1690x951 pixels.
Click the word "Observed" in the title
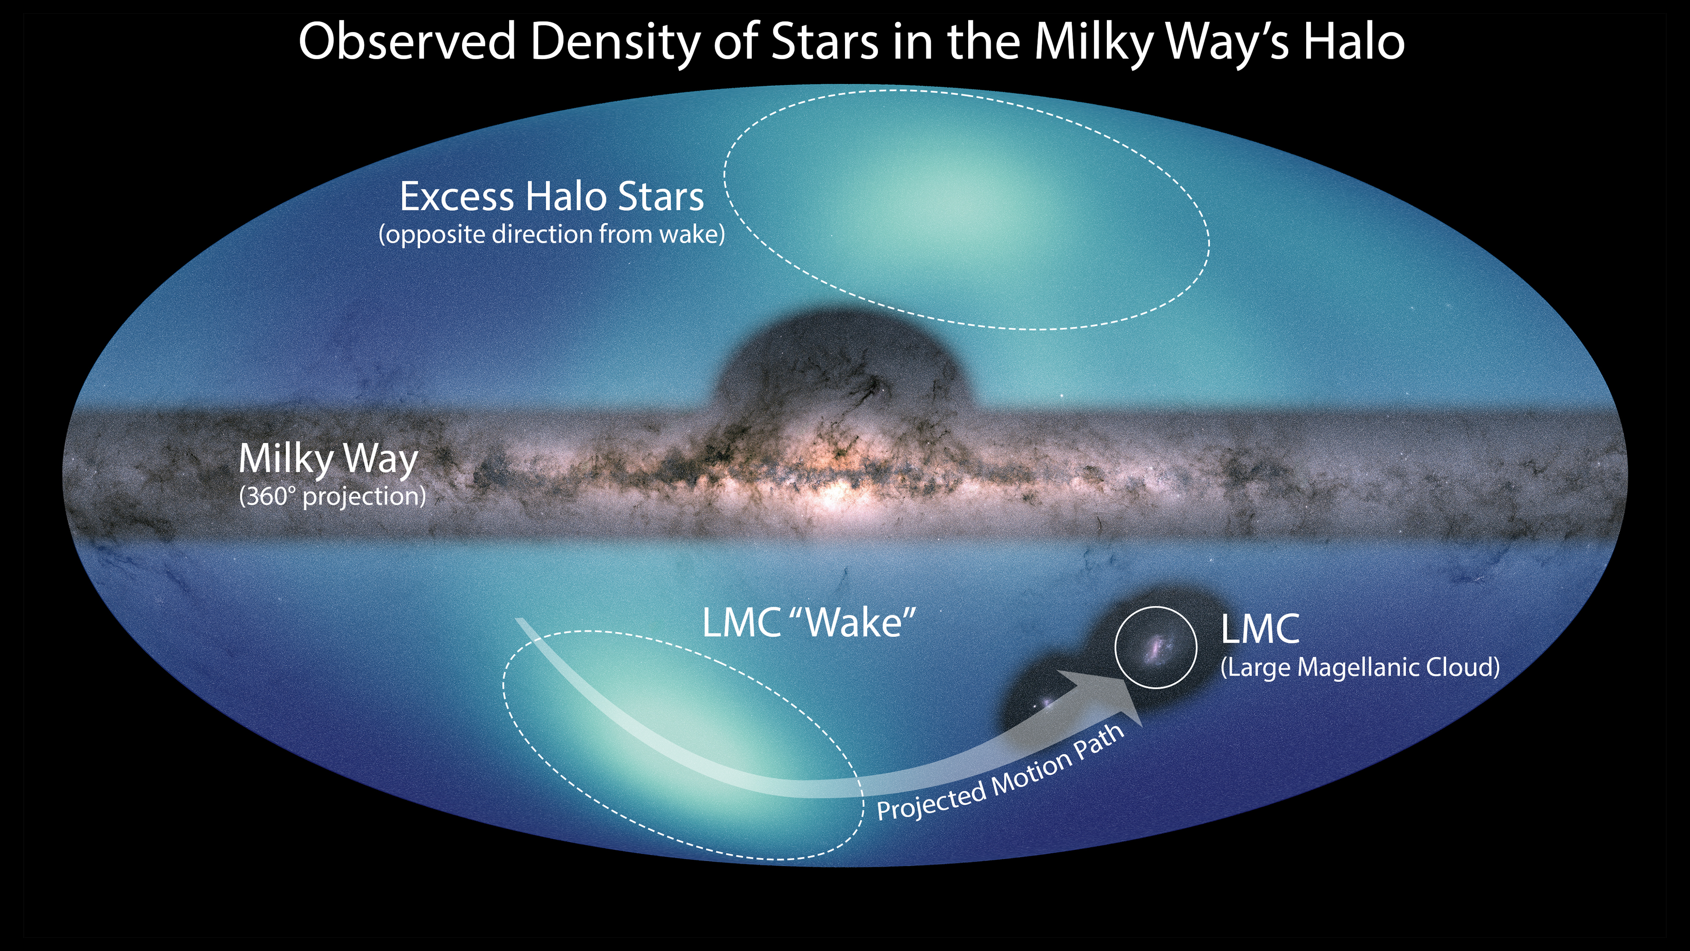[x=407, y=41]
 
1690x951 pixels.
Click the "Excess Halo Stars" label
[x=552, y=196]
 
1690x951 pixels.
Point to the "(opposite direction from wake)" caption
[x=552, y=234]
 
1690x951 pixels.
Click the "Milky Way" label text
[x=328, y=459]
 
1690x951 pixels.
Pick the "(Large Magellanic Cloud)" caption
[x=1360, y=667]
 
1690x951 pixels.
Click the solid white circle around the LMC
[x=1116, y=647]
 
